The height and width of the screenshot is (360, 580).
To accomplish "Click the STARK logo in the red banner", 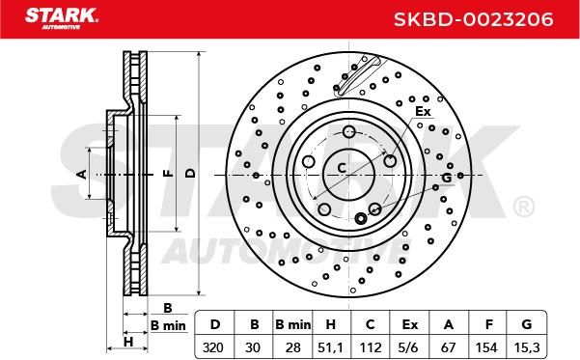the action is [x=62, y=17].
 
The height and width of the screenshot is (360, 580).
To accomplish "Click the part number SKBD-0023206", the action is [x=474, y=19].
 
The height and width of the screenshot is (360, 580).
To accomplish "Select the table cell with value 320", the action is [x=213, y=347].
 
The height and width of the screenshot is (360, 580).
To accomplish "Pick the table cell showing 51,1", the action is [x=330, y=347].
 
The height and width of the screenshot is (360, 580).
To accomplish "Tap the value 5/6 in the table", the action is [x=409, y=347].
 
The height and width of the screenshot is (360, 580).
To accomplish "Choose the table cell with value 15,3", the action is [x=526, y=347].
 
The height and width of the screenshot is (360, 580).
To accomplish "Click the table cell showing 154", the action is [x=486, y=347].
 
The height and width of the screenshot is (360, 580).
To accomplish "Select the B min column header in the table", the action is [x=292, y=324].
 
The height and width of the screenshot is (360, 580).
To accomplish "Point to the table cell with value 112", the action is [x=370, y=347].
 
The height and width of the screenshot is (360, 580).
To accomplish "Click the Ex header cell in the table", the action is [x=409, y=324].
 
